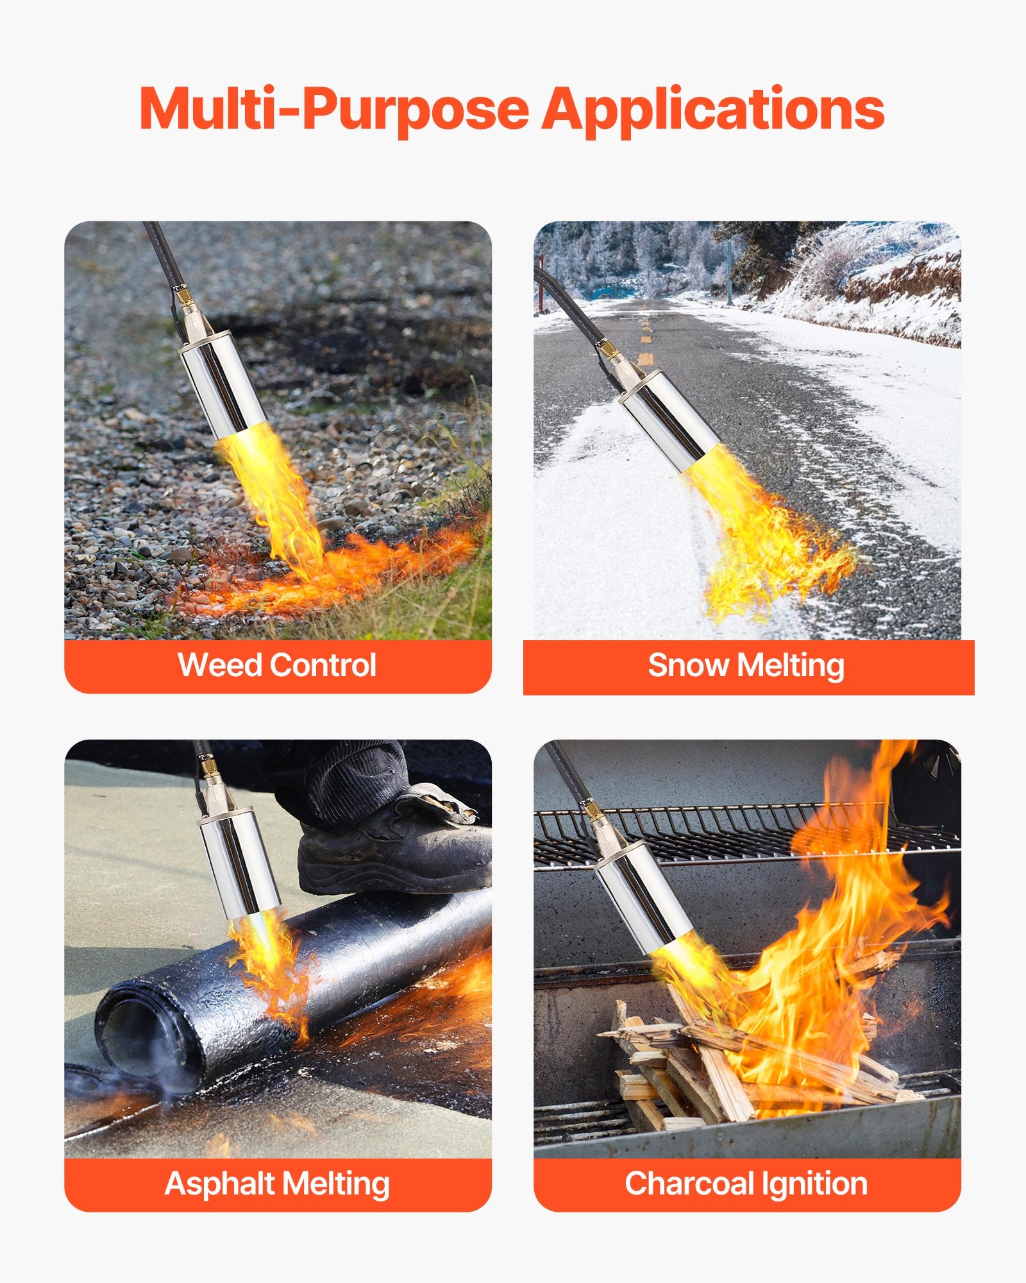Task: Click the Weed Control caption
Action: pos(277,665)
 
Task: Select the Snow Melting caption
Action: pos(746,665)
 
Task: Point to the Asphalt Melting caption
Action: pos(277,1184)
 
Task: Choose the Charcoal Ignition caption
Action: pos(746,1184)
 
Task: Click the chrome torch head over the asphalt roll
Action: pos(239,860)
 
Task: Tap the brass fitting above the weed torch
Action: pos(184,297)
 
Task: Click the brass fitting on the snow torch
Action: pos(607,350)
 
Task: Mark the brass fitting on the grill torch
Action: pos(592,811)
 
